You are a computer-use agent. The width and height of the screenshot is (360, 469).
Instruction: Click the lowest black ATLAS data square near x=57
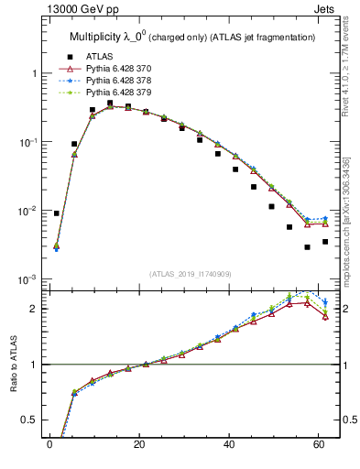308,247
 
